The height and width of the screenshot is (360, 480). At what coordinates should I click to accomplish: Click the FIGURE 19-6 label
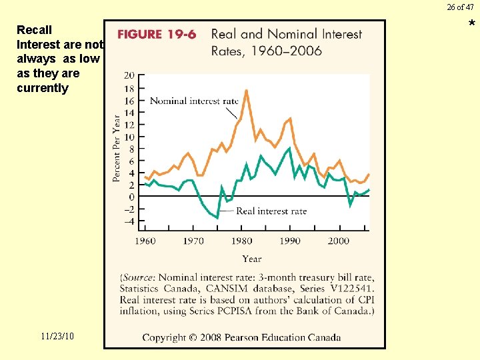[157, 35]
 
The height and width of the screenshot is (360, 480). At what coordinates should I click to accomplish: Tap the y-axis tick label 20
[129, 75]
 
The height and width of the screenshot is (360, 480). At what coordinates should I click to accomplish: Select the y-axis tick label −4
[128, 221]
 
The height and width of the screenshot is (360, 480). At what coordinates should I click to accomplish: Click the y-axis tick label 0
[131, 197]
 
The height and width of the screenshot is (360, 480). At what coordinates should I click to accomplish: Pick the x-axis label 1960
[145, 241]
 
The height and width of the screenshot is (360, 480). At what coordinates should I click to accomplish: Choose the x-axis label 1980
[242, 241]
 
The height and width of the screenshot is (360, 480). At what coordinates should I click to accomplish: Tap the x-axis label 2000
[338, 241]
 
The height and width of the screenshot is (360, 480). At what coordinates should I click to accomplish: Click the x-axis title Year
[252, 259]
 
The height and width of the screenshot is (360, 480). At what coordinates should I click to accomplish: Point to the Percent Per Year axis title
[117, 148]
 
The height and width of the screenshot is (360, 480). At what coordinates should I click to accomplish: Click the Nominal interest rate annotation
[194, 101]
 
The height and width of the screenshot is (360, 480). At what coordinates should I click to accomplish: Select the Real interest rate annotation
[271, 211]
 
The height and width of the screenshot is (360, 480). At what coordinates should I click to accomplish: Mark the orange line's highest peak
[246, 90]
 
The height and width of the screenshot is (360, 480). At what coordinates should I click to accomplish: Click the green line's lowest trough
[217, 217]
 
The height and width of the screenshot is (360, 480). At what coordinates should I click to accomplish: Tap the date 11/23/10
[57, 336]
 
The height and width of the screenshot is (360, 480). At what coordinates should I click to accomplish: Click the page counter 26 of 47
[460, 7]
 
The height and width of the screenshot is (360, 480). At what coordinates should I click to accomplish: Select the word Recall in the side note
[34, 30]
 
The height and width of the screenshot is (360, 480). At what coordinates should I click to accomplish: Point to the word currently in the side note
[43, 88]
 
